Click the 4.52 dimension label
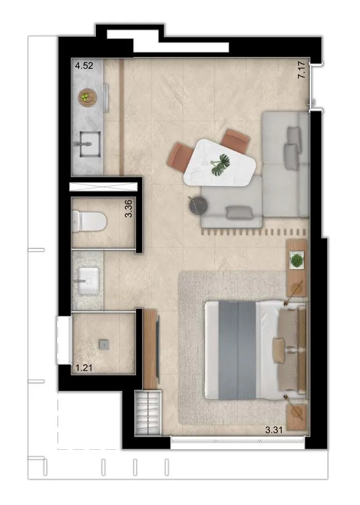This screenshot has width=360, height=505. tap(84, 66)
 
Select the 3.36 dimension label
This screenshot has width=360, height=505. tap(128, 209)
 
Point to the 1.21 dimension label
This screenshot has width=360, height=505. tap(84, 367)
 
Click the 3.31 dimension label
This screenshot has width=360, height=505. tap(274, 430)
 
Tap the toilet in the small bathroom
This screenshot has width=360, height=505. tap(89, 221)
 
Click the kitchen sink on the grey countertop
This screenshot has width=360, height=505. tap(88, 144)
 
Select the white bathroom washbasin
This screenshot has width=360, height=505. tap(87, 281)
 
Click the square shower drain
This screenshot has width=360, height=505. tap(104, 344)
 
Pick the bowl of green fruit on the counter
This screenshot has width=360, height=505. tap(87, 97)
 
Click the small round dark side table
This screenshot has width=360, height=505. tap(197, 205)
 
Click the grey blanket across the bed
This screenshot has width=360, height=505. tap(237, 350)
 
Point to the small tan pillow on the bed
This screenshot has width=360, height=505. tap(279, 350)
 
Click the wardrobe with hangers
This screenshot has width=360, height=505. tap(148, 413)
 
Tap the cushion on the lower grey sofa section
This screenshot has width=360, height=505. tap(239, 213)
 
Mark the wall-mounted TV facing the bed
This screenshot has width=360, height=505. tap(158, 349)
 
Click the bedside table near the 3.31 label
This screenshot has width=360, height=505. tap(296, 418)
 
